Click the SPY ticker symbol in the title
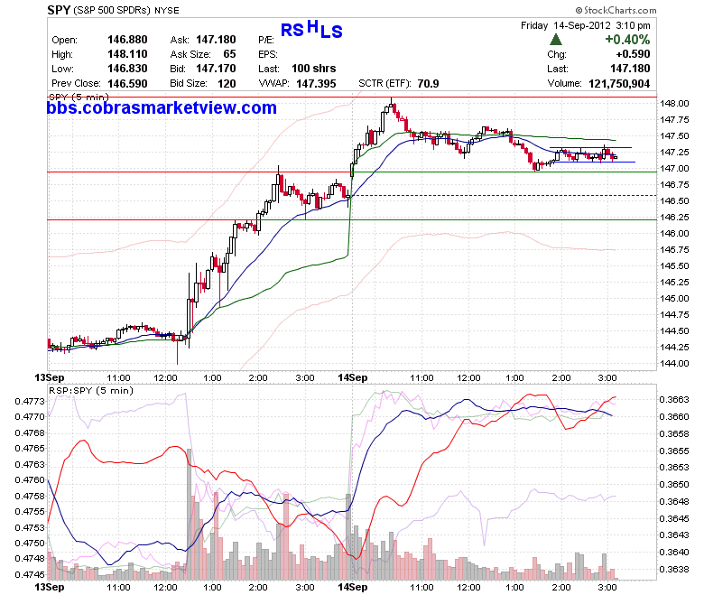pyautogui.click(x=59, y=10)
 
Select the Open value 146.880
pyautogui.click(x=127, y=40)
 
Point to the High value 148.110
pyautogui.click(x=127, y=54)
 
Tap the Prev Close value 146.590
pyautogui.click(x=127, y=84)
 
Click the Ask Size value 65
pyautogui.click(x=229, y=54)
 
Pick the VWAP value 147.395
pyautogui.click(x=316, y=84)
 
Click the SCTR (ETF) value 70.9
pyautogui.click(x=428, y=84)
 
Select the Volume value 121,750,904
pyautogui.click(x=619, y=84)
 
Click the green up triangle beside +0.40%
pyautogui.click(x=556, y=40)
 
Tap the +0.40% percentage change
pyautogui.click(x=627, y=40)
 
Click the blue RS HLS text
pyautogui.click(x=311, y=29)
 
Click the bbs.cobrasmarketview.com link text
pyautogui.click(x=162, y=107)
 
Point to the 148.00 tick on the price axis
pyautogui.click(x=674, y=104)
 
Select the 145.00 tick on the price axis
pyautogui.click(x=674, y=299)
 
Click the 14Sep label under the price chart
pyautogui.click(x=352, y=377)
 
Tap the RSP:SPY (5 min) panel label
pyautogui.click(x=91, y=391)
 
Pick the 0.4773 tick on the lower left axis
pyautogui.click(x=30, y=401)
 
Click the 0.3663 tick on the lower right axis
pyautogui.click(x=674, y=400)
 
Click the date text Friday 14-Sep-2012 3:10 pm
pyautogui.click(x=586, y=25)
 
